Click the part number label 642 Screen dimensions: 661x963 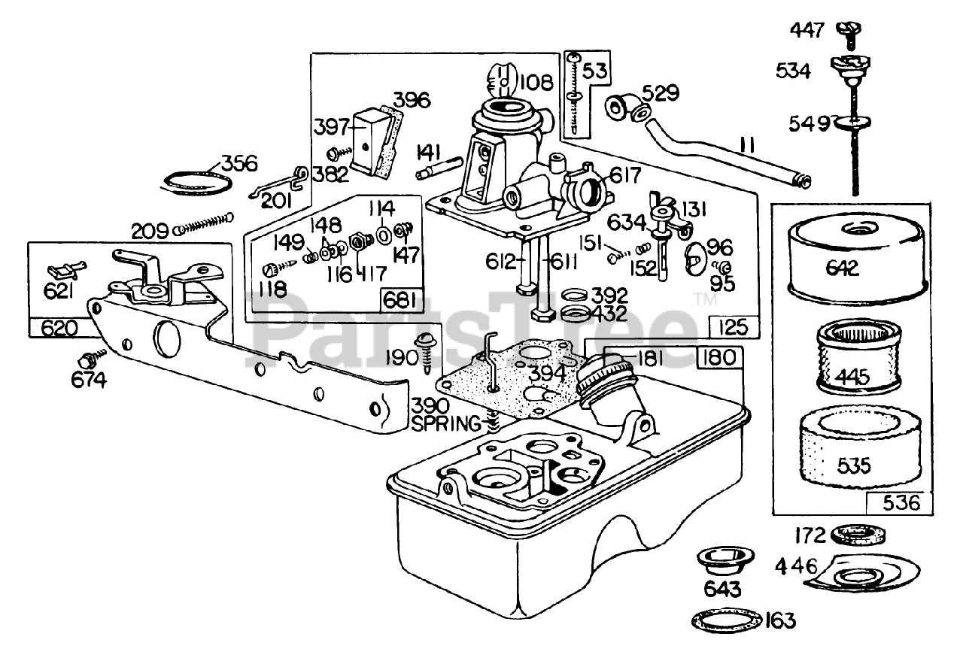843,268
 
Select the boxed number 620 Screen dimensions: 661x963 55,327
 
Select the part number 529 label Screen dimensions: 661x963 661,94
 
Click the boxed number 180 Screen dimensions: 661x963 719,359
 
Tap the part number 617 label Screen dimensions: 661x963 625,176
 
